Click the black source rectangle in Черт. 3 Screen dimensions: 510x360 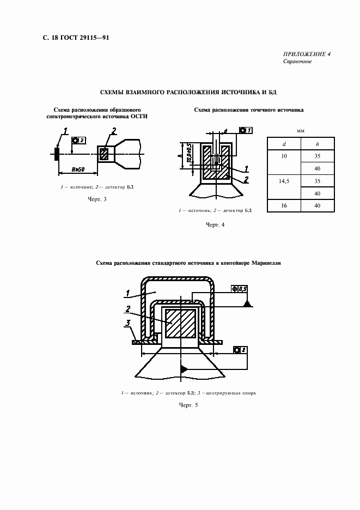[x=56, y=154]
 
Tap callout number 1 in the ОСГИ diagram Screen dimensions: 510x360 [x=65, y=131]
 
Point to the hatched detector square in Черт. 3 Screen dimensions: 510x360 [x=105, y=154]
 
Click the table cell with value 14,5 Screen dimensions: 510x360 [x=283, y=180]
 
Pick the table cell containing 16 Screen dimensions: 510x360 [x=283, y=205]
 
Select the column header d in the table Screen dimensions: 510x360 [x=283, y=144]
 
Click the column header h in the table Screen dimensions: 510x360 [x=317, y=144]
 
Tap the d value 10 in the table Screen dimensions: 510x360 [x=283, y=156]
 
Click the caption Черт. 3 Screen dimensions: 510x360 [x=97, y=199]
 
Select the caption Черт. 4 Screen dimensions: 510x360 [x=215, y=224]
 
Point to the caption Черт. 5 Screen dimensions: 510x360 [x=188, y=405]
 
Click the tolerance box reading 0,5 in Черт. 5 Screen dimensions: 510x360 [x=240, y=288]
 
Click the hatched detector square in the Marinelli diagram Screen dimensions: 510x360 [x=180, y=324]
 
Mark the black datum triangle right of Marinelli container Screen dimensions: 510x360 [x=247, y=303]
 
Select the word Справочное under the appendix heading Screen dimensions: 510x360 [x=297, y=62]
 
